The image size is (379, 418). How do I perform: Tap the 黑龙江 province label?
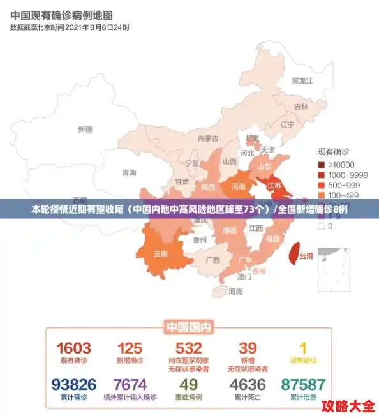coord(302,81)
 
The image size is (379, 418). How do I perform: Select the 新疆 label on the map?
coord(85,130)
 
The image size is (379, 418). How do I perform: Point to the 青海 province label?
coord(129,172)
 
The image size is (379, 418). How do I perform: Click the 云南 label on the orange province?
coord(161,253)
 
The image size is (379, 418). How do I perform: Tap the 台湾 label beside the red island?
coord(306,257)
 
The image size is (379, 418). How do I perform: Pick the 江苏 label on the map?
coord(274,186)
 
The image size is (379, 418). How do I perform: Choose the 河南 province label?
coord(238,187)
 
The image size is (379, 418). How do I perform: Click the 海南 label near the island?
coord(235,292)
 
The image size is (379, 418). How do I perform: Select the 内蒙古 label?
coord(208,138)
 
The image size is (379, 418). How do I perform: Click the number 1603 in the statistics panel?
coord(74,348)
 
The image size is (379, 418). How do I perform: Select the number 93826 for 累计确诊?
coord(74,385)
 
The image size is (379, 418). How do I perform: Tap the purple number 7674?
coord(130,385)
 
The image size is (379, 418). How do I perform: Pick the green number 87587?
coord(302,385)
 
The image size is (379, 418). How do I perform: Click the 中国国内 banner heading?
coord(189,327)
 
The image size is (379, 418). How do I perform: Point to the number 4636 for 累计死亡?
coord(248,385)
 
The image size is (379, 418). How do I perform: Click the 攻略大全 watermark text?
coord(347,406)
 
